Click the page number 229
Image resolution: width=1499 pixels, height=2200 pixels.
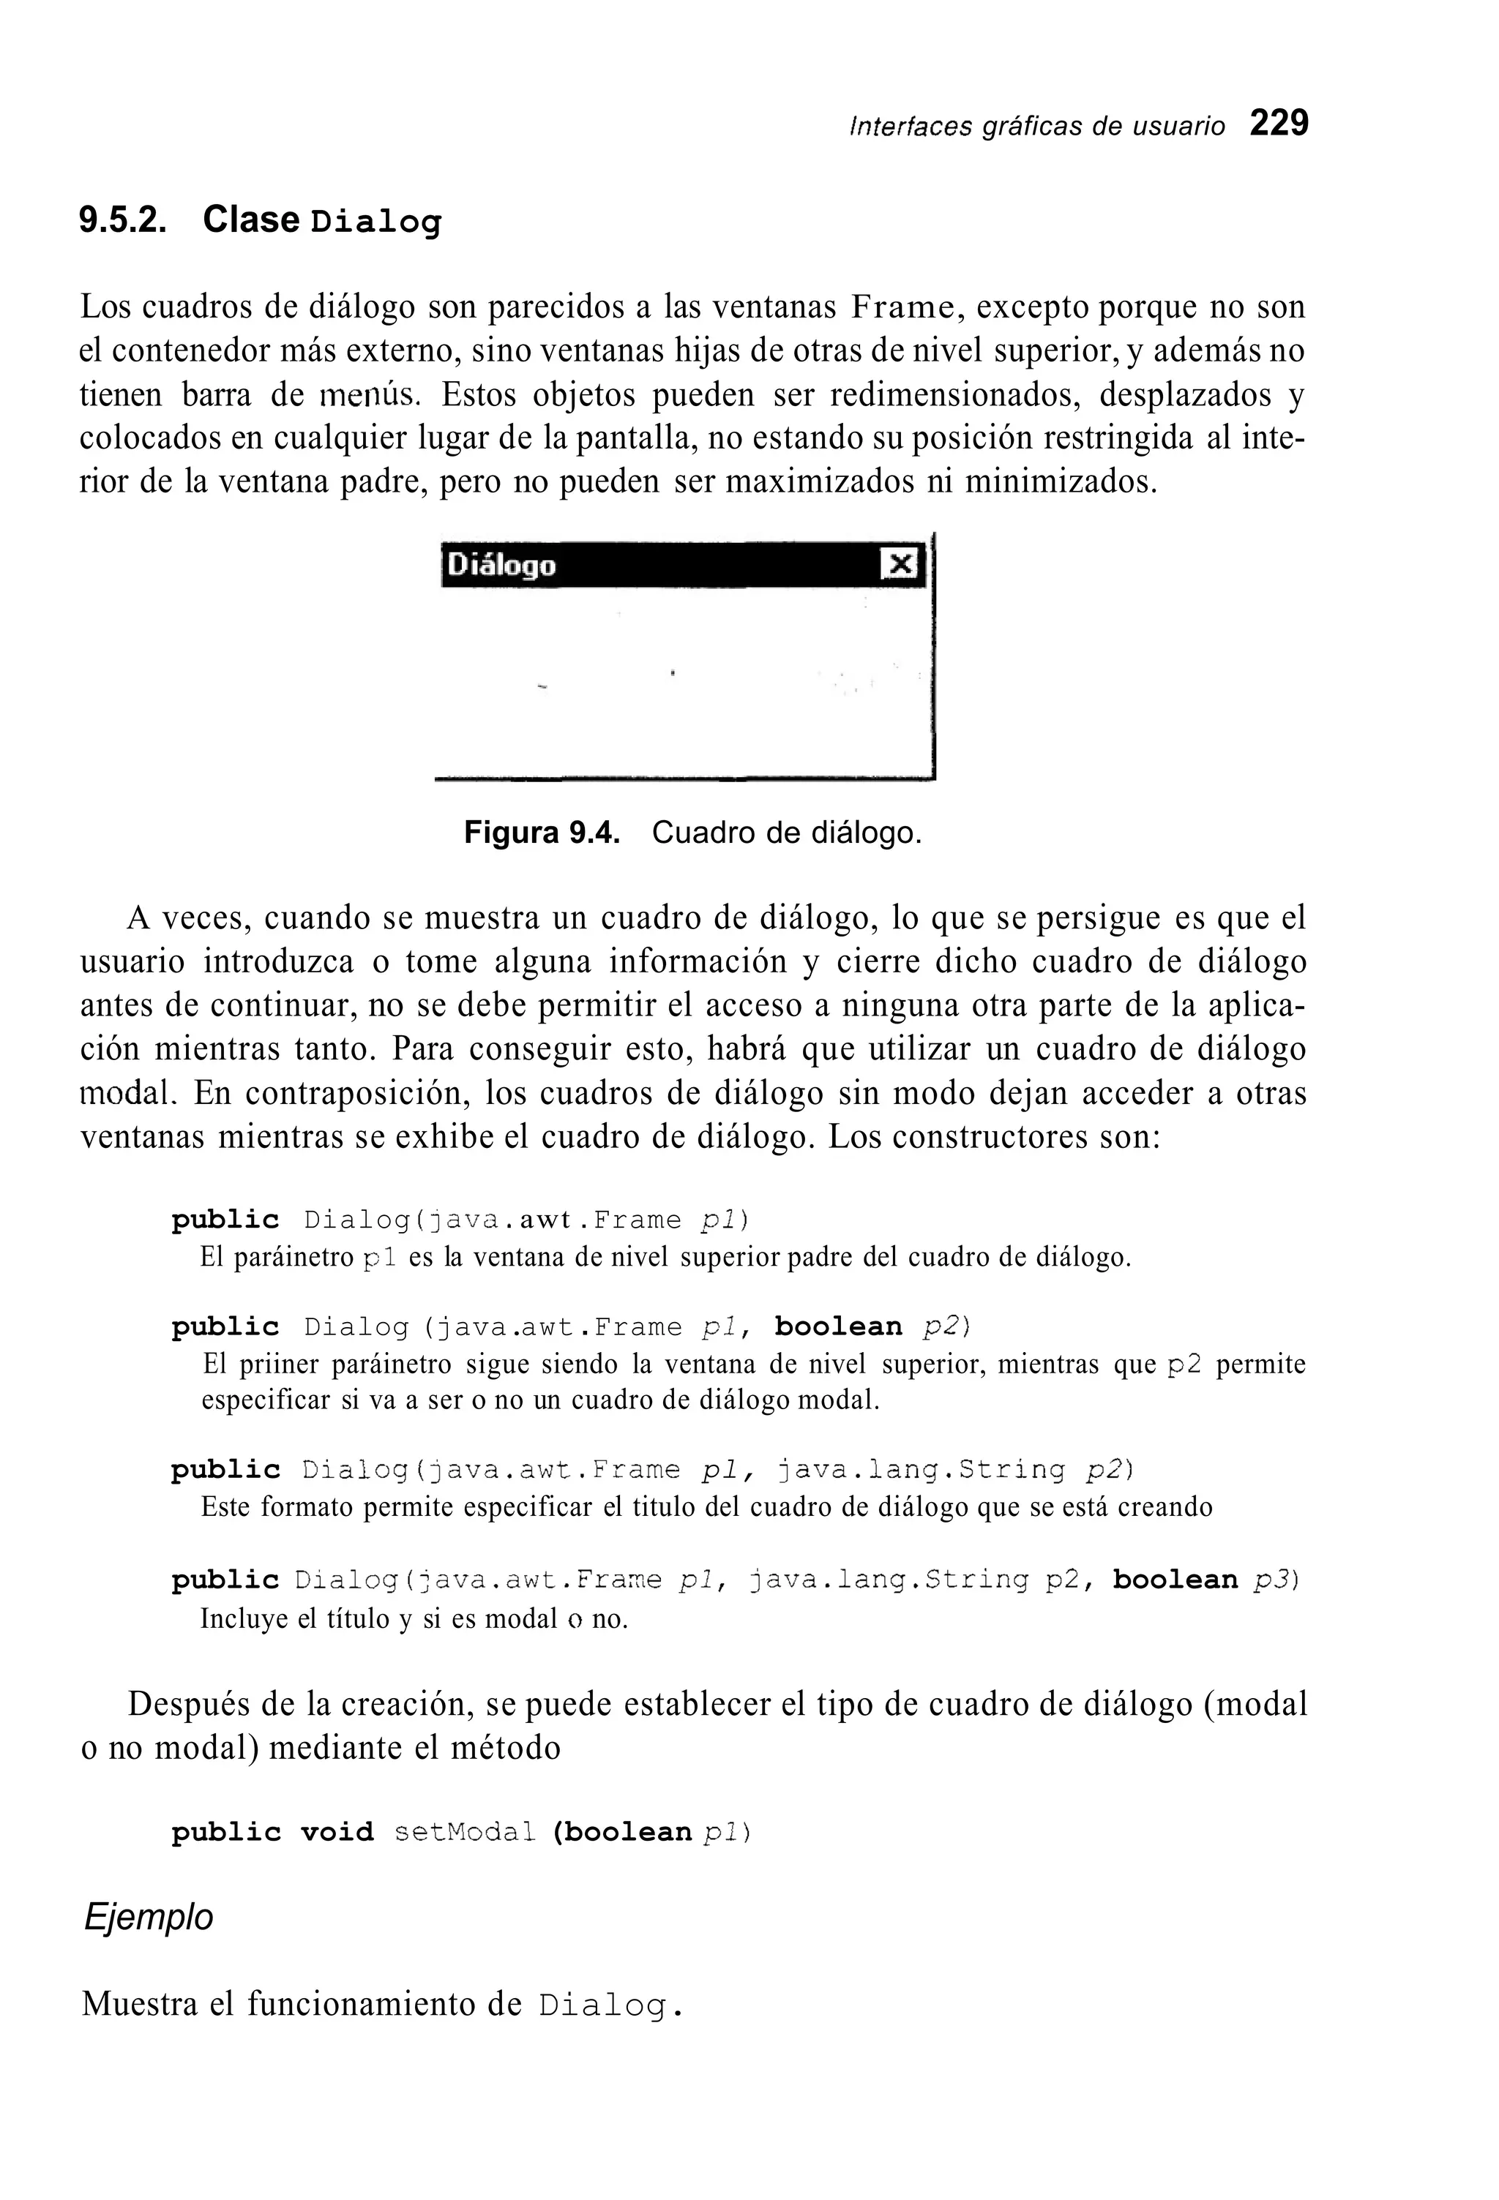pos(1279,124)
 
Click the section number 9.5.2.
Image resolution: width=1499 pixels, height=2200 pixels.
pos(123,220)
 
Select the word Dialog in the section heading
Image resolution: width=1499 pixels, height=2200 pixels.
pos(376,223)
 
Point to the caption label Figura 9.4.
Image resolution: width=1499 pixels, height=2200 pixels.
pos(542,833)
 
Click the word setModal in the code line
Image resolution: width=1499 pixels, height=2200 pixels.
pos(464,1832)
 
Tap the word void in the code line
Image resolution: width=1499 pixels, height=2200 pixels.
pos(336,1832)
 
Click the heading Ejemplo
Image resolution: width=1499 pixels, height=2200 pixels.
pos(149,1918)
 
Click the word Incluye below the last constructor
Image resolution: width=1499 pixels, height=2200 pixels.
pos(243,1619)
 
